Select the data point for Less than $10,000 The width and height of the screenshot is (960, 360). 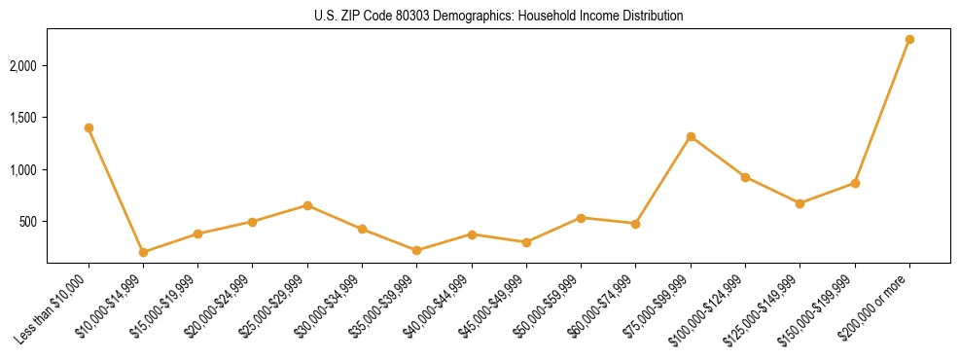tap(89, 127)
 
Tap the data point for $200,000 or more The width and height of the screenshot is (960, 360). tap(909, 39)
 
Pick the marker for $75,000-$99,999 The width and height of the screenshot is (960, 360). tap(691, 136)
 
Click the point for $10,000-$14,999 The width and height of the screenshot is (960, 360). tap(143, 252)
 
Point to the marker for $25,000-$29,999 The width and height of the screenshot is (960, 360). tap(307, 205)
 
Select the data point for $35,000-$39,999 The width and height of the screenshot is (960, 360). tap(416, 250)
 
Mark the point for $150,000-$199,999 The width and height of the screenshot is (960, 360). tap(855, 183)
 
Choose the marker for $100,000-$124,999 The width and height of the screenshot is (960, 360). tap(745, 177)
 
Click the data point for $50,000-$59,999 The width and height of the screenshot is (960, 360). tap(581, 218)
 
